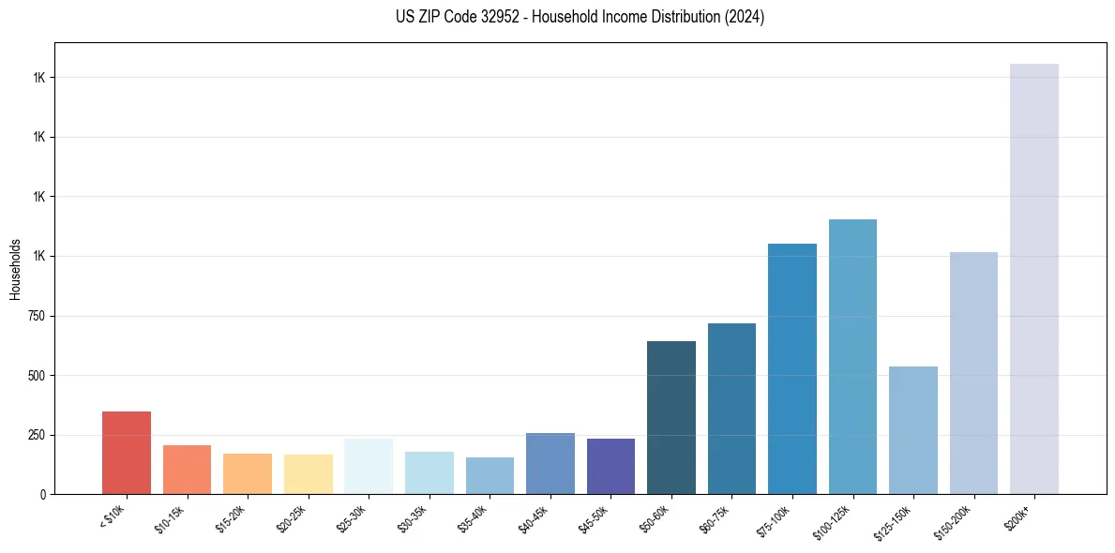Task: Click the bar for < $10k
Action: [x=127, y=453]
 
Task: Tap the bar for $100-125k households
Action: [x=852, y=356]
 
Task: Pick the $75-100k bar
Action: [x=792, y=368]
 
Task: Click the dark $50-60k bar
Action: [x=671, y=417]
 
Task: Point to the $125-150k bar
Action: [x=913, y=430]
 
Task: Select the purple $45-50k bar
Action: [x=610, y=466]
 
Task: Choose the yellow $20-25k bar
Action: [x=309, y=474]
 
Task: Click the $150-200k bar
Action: [x=973, y=373]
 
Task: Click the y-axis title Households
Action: [x=15, y=269]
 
